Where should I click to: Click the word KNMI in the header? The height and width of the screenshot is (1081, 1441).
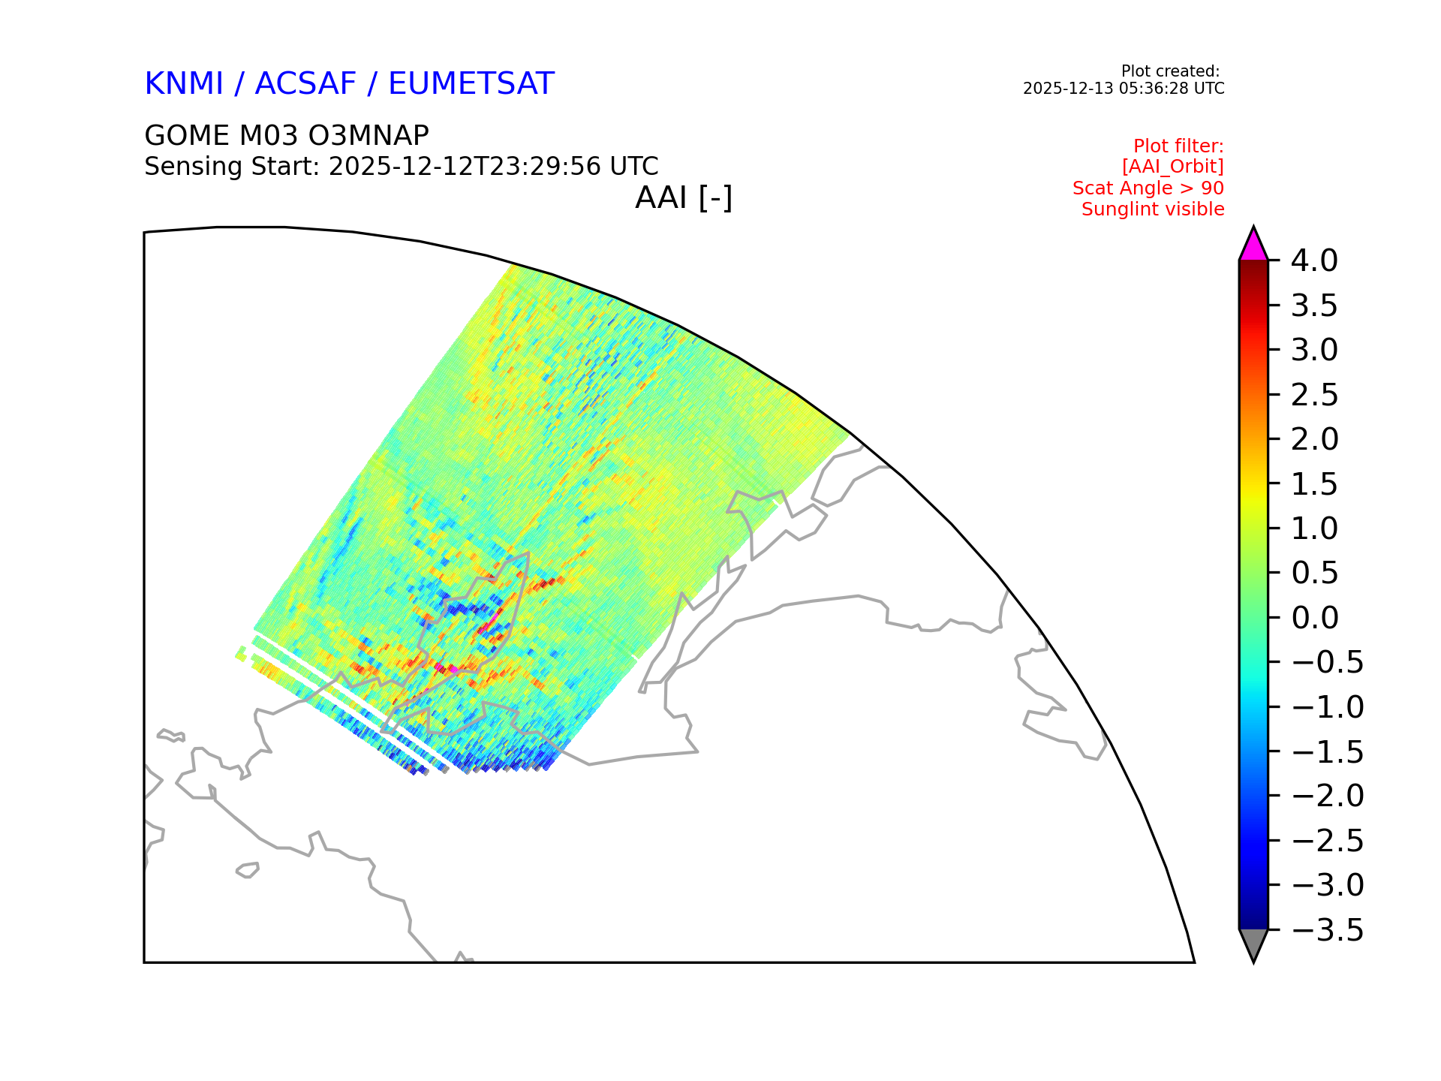[x=184, y=83]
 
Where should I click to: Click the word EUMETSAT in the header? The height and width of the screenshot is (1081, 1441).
[x=471, y=83]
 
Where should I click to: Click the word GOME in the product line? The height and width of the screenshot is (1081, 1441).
[x=187, y=136]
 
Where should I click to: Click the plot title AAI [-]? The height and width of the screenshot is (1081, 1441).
[x=684, y=198]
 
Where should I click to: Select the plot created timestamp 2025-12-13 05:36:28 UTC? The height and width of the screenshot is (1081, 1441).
[x=1124, y=89]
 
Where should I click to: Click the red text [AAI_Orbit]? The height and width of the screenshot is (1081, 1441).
[x=1173, y=167]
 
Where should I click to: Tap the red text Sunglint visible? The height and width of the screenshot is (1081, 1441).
[x=1153, y=209]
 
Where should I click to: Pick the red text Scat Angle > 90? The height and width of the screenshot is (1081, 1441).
[x=1148, y=188]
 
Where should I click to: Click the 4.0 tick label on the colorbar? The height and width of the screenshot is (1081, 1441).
[x=1314, y=261]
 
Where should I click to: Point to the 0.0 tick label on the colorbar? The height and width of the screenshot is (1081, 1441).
[x=1315, y=618]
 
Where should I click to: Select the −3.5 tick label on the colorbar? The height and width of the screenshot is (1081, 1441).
[x=1328, y=930]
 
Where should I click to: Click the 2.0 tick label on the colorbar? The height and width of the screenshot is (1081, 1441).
[x=1315, y=439]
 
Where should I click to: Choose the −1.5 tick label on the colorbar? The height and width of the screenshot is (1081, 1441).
[x=1328, y=751]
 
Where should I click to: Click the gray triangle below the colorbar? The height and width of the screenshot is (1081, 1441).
[x=1253, y=943]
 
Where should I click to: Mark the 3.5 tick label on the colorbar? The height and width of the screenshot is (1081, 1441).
[x=1314, y=306]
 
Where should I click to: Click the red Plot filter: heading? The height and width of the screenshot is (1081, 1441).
[x=1178, y=146]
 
